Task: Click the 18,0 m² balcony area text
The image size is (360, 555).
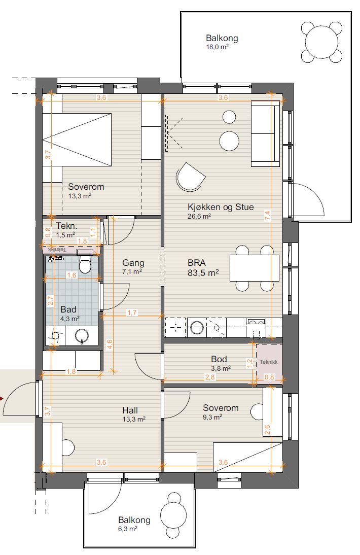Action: click(217, 47)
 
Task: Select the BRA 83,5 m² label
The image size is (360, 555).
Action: click(203, 267)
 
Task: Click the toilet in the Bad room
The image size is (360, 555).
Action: click(85, 264)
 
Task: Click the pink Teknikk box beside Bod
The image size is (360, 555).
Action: click(269, 362)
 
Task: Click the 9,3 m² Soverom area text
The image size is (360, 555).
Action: click(212, 418)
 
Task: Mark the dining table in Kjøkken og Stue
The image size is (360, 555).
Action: click(254, 268)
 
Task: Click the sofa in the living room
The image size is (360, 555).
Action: click(265, 133)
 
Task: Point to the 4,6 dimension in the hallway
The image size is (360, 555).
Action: click(110, 345)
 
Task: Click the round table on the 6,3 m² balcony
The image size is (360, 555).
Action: click(173, 515)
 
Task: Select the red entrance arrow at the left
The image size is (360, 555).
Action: click(2, 399)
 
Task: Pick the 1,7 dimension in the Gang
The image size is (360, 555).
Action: click(131, 313)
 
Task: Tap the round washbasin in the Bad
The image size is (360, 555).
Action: click(82, 336)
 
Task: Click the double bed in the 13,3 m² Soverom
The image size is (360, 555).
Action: click(77, 140)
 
